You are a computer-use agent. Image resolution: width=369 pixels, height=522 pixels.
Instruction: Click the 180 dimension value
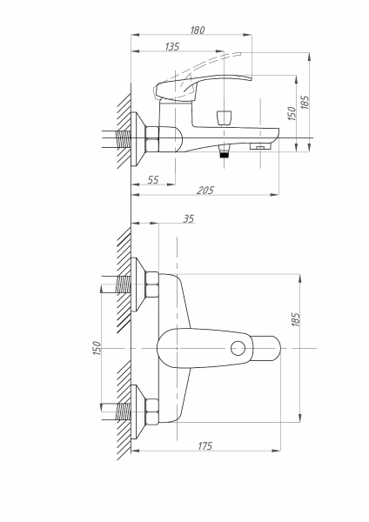[197, 30]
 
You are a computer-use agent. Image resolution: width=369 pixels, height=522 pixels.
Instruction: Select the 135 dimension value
[172, 47]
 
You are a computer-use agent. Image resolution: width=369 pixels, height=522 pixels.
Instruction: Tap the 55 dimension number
[152, 179]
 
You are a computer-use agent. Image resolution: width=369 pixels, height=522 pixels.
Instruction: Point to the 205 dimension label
[206, 190]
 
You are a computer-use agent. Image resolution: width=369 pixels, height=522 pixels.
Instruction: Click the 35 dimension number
[189, 219]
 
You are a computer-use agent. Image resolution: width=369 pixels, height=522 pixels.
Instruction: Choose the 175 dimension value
[206, 445]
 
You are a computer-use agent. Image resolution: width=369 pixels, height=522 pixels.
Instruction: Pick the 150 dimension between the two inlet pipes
[97, 347]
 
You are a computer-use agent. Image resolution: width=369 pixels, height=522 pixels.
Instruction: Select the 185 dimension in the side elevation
[305, 102]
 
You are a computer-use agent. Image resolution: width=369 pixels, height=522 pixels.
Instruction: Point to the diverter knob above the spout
[225, 115]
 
